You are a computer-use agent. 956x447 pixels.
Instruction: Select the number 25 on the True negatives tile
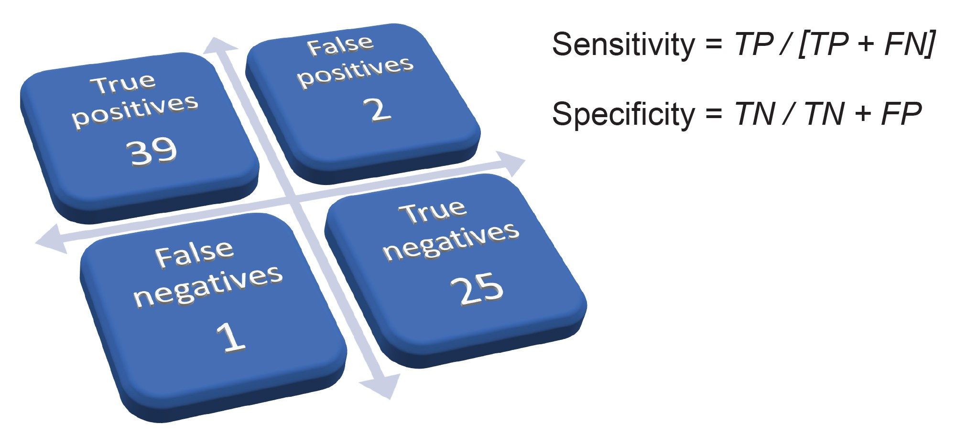tap(477, 289)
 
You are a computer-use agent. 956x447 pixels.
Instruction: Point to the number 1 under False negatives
tap(231, 337)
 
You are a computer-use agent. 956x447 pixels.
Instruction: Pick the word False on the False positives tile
tap(340, 46)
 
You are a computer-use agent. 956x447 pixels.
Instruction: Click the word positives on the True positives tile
tap(135, 110)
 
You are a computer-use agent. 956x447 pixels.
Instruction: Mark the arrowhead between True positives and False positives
tap(219, 45)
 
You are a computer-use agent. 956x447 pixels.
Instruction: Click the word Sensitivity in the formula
tap(623, 44)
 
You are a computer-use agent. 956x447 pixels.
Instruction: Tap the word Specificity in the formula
tap(623, 115)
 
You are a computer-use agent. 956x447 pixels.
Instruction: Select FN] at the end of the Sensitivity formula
tap(909, 44)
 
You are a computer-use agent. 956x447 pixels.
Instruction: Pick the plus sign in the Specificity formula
tap(862, 115)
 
